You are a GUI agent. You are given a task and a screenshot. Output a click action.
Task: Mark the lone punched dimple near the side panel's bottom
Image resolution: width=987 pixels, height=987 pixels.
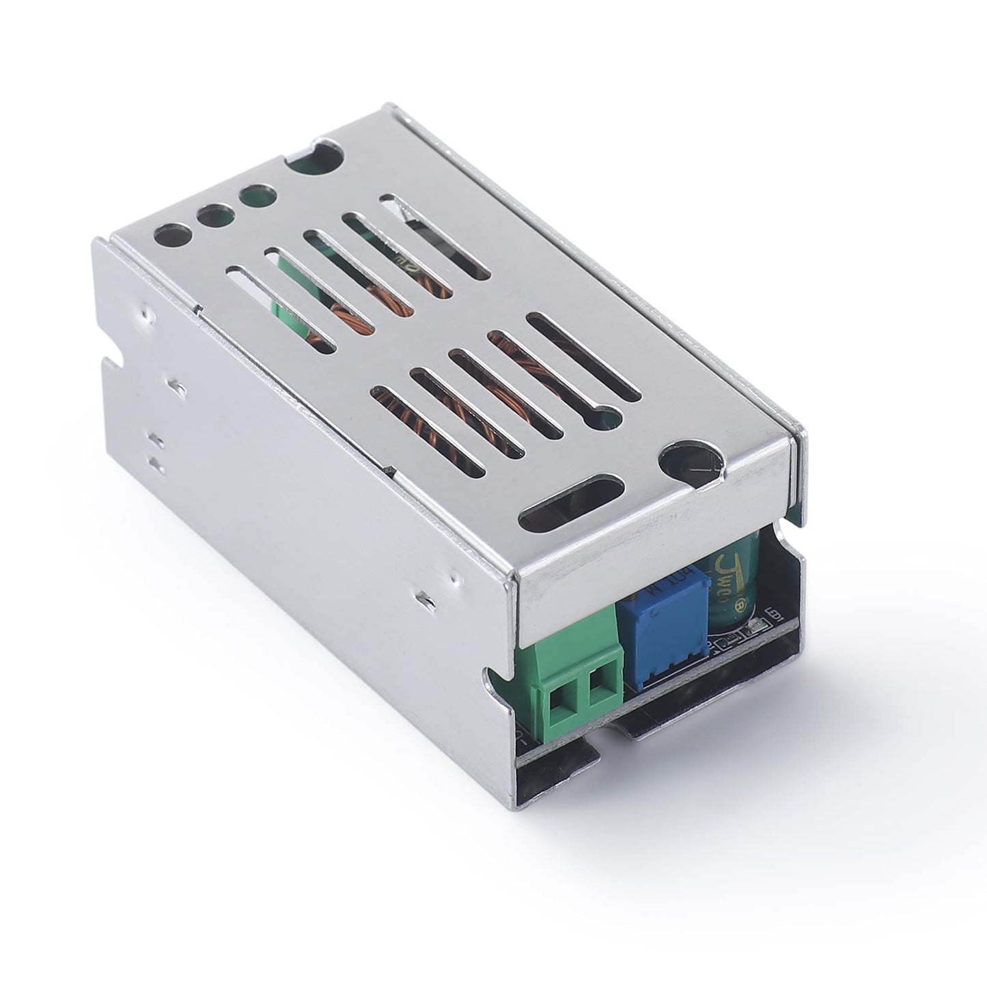423,598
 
